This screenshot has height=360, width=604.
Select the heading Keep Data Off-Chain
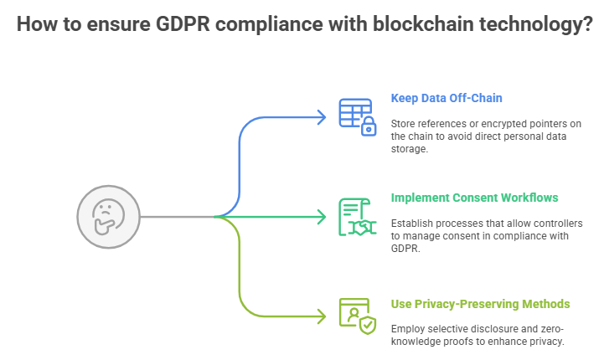click(x=447, y=98)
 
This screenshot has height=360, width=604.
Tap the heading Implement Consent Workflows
click(x=474, y=198)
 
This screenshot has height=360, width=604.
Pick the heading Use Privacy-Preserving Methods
click(x=480, y=303)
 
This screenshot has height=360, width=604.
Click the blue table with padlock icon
click(x=355, y=116)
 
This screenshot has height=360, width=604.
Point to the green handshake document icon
click(x=355, y=217)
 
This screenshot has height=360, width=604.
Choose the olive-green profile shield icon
click(x=355, y=316)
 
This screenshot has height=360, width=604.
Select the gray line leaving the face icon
click(x=176, y=217)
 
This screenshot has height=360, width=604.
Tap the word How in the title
click(x=36, y=25)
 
